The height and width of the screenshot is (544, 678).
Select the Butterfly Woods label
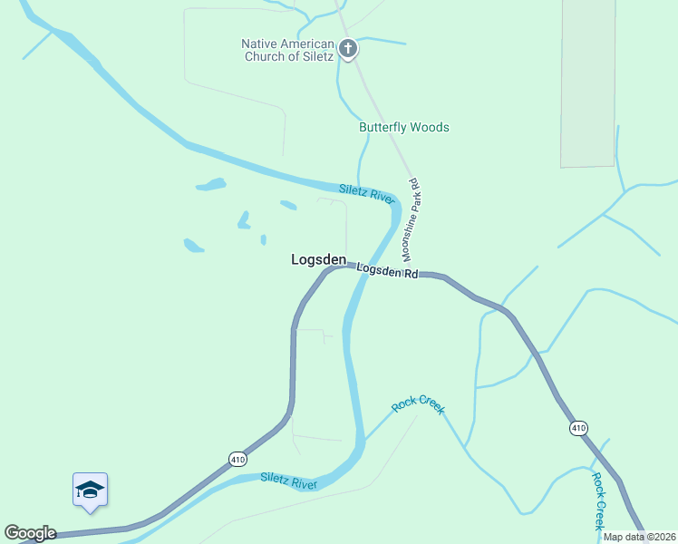click(x=404, y=128)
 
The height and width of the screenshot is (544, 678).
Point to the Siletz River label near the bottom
click(x=288, y=481)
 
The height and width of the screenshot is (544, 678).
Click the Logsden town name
click(x=318, y=259)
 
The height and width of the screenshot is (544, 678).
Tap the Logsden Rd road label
click(x=386, y=270)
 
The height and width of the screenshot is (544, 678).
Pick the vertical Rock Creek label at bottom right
click(x=598, y=500)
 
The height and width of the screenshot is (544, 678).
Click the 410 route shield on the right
click(x=579, y=427)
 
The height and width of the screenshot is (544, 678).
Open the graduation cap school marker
click(x=91, y=490)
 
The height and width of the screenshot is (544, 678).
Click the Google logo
click(x=30, y=533)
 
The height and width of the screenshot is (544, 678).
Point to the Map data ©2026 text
click(x=639, y=537)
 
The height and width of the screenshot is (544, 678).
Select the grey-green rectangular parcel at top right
click(x=587, y=82)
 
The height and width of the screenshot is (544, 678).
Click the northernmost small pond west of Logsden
click(x=211, y=185)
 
